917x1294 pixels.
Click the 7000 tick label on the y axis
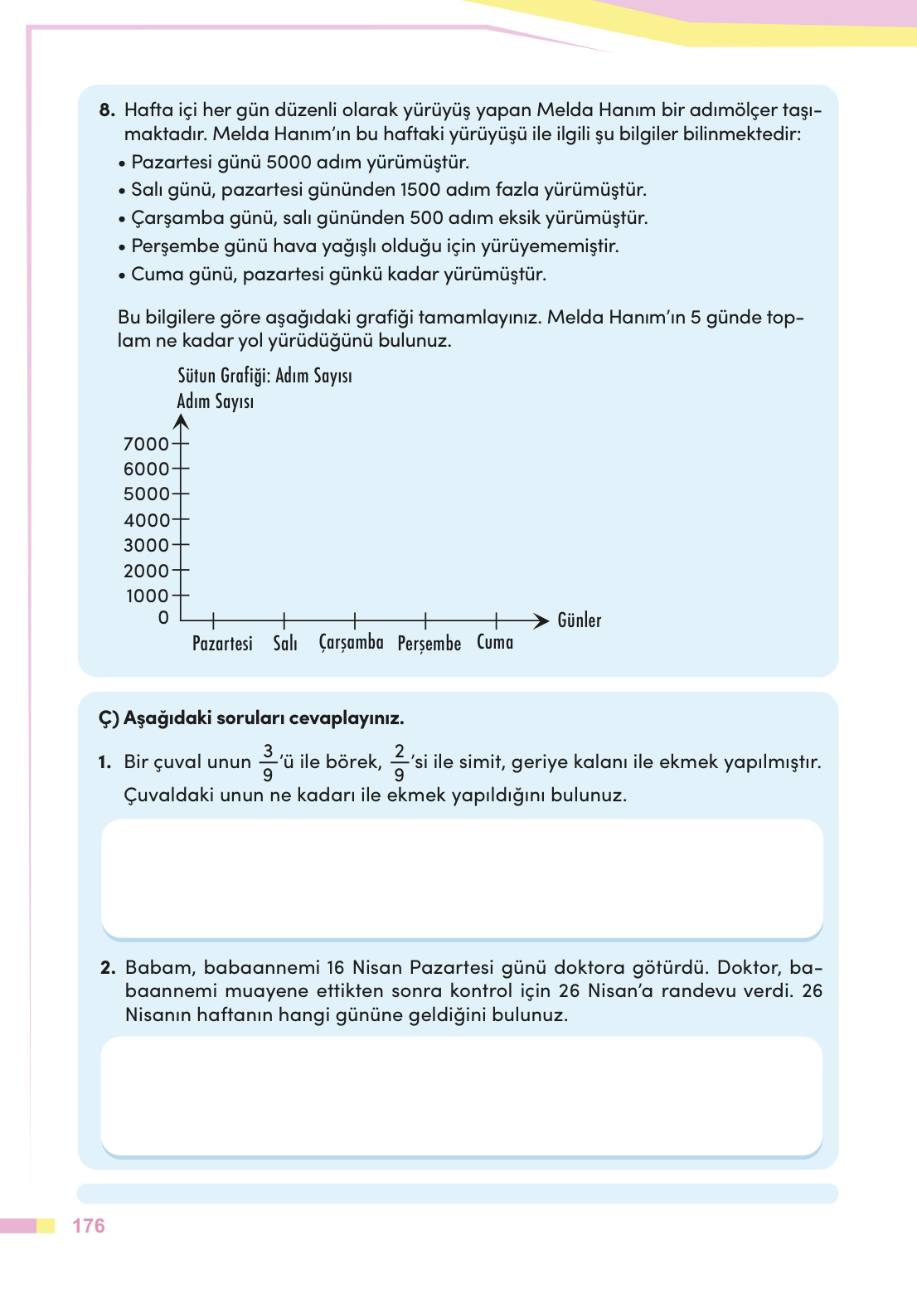point(146,444)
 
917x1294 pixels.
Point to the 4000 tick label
point(146,520)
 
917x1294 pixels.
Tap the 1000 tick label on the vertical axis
point(147,596)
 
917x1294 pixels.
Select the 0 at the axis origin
point(163,618)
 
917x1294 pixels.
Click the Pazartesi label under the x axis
point(222,644)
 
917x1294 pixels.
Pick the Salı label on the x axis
point(285,644)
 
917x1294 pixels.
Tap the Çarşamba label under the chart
point(351,643)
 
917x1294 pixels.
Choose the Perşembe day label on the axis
point(429,644)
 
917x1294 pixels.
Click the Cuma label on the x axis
point(495,642)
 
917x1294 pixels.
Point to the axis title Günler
point(579,620)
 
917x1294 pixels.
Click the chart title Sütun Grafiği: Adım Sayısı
point(264,376)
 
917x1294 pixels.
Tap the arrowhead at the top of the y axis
point(182,421)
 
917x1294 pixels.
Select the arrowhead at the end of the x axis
point(541,620)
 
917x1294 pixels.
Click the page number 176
point(89,1226)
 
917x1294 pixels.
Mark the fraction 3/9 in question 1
point(268,762)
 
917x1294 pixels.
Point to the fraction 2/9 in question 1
point(399,762)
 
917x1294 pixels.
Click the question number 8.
point(107,110)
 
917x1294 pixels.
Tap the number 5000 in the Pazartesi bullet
point(289,162)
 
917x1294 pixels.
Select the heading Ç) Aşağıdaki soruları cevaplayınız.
point(251,718)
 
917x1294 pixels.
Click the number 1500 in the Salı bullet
point(420,190)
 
